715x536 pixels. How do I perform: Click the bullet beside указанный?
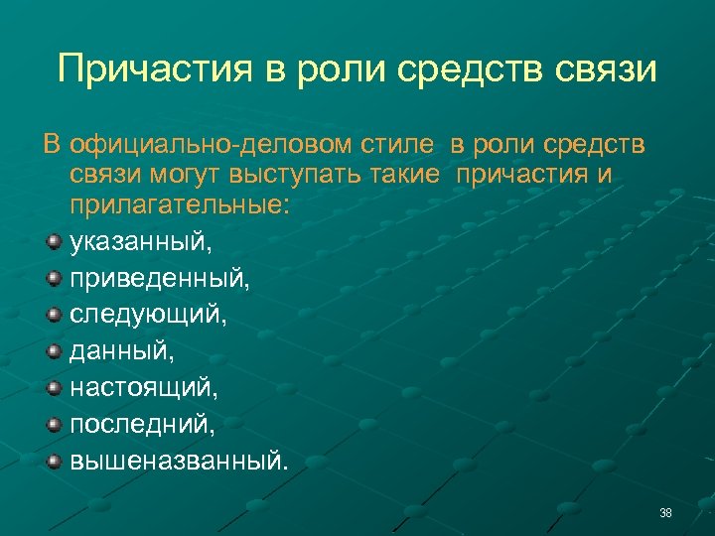[55, 240]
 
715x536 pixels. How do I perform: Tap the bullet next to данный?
[55, 350]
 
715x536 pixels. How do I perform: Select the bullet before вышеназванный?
[55, 461]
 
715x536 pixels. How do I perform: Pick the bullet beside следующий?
[55, 314]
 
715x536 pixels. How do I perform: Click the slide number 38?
[665, 513]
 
